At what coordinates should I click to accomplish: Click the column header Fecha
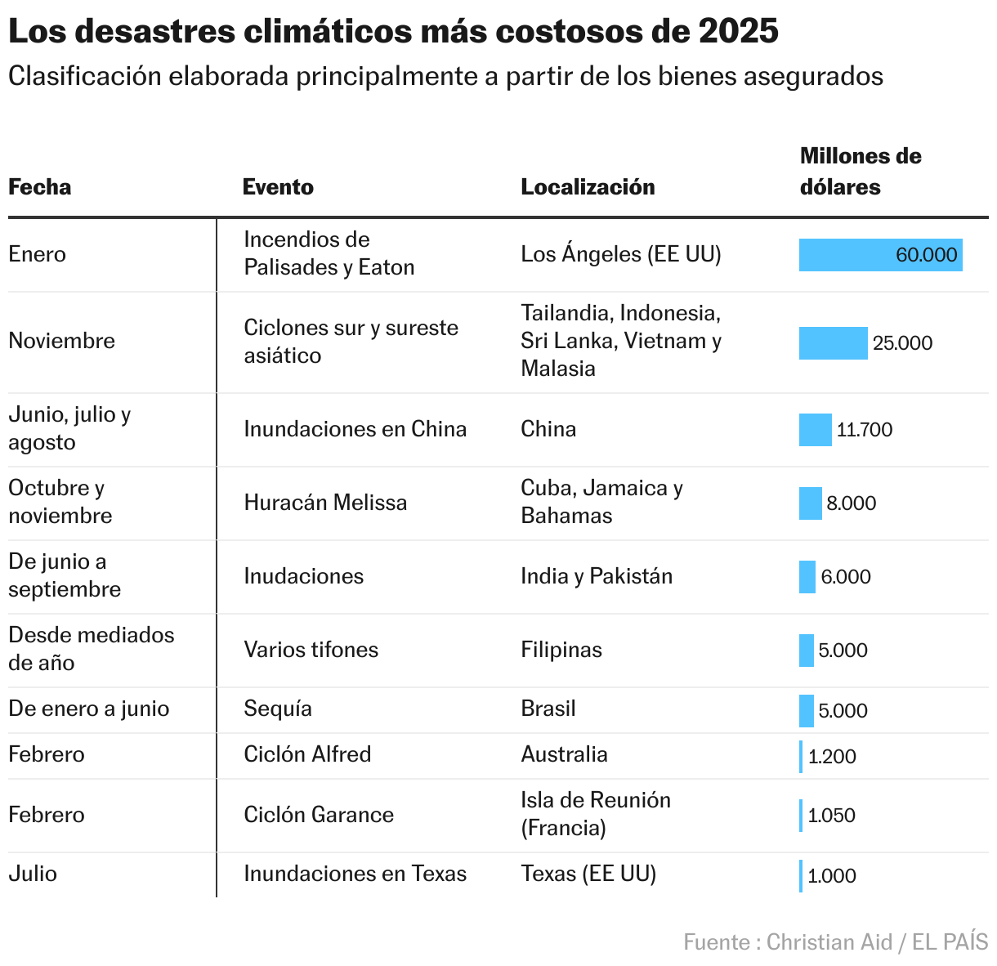coord(39,187)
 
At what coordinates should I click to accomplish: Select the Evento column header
coord(278,187)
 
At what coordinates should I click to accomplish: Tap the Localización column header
coord(588,187)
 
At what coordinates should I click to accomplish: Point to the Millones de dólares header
coord(860,172)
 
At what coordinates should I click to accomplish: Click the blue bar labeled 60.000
coord(880,255)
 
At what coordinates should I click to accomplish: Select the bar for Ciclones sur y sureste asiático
coord(833,343)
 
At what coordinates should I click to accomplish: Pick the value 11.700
coord(865,430)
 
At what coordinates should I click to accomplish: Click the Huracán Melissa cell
coord(325,503)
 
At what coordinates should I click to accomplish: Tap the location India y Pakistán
coord(597,576)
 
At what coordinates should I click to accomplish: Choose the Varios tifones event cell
coord(311,650)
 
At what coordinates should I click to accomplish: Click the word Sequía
coord(278,709)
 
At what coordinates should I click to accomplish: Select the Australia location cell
coord(564,754)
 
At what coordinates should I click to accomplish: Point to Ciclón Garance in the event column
coord(319,815)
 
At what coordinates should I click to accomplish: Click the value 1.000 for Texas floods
coord(832,876)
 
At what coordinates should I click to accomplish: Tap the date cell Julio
coord(33,874)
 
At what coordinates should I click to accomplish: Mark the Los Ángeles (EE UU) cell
coord(621,254)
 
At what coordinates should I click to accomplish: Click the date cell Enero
coord(37,254)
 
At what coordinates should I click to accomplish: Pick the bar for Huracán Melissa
coord(810,503)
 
